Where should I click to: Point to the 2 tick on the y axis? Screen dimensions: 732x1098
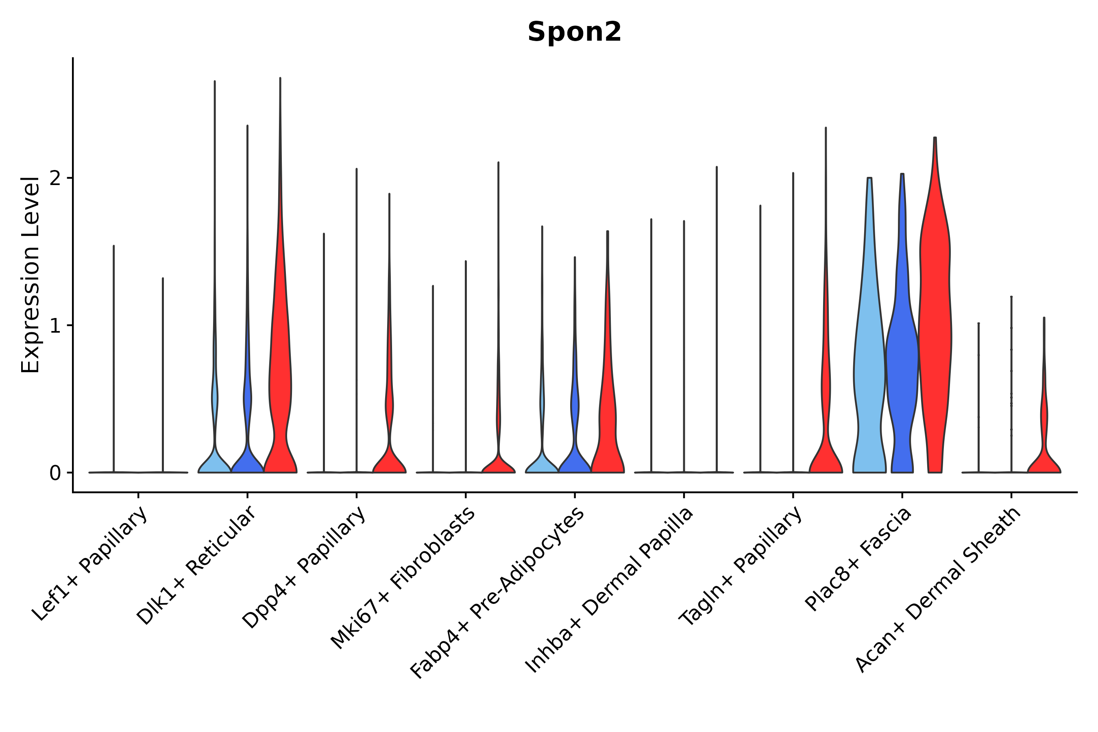(55, 179)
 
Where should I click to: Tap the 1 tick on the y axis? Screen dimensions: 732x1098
(55, 326)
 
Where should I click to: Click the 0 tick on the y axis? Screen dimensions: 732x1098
(55, 473)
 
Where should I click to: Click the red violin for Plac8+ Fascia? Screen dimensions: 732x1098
(935, 327)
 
